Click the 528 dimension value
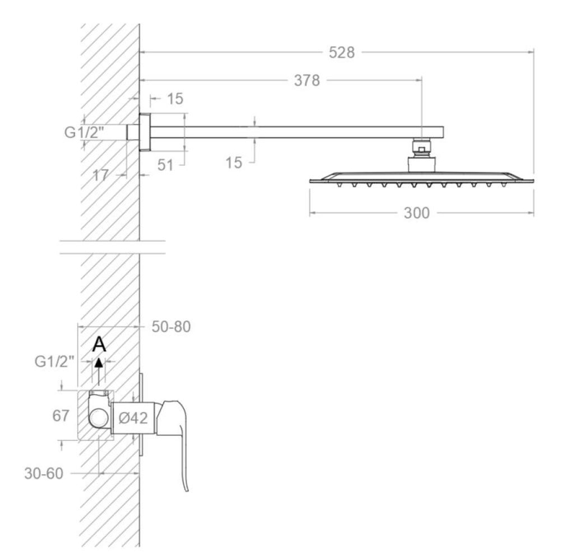pos(341,52)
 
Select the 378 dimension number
pos(307,81)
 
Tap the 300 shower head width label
pos(417,213)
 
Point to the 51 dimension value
pos(165,165)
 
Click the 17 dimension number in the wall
pos(100,175)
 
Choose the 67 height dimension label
pos(60,416)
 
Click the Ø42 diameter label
pos(133,418)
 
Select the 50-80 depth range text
pos(171,327)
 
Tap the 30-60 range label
pos(43,473)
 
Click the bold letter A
pos(99,345)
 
